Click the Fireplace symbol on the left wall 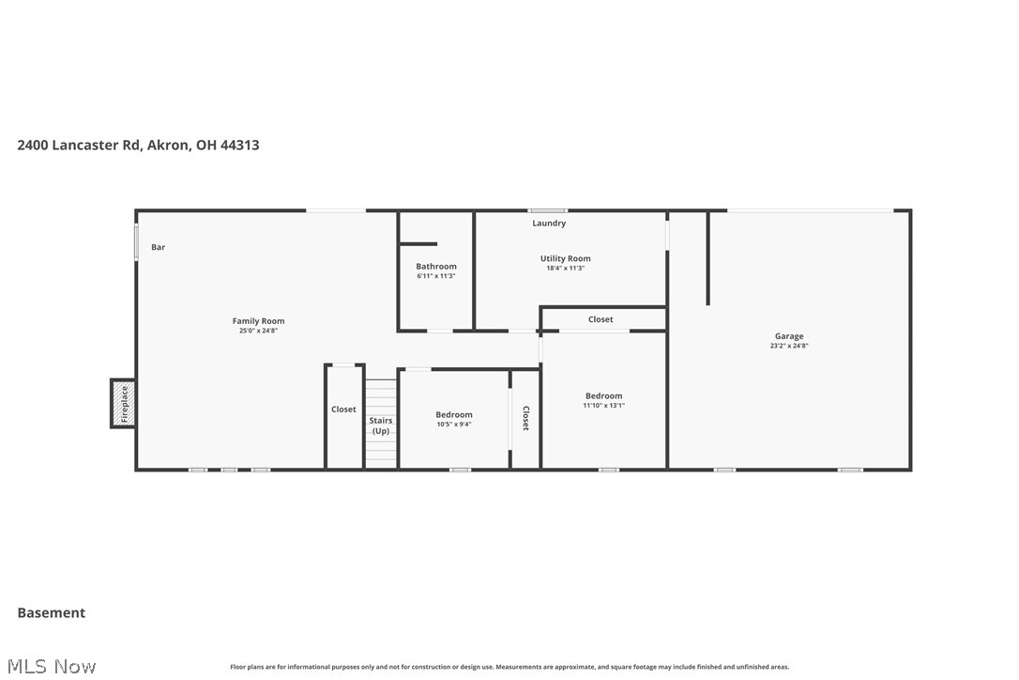pyautogui.click(x=123, y=404)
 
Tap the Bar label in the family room pyautogui.click(x=159, y=247)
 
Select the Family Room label pyautogui.click(x=258, y=321)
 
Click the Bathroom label pyautogui.click(x=436, y=267)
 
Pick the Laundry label pyautogui.click(x=549, y=224)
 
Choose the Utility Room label pyautogui.click(x=565, y=258)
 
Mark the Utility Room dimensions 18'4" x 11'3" pyautogui.click(x=565, y=269)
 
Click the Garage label pyautogui.click(x=789, y=336)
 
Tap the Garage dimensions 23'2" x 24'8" pyautogui.click(x=789, y=346)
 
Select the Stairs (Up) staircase pyautogui.click(x=381, y=425)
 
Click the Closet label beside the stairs pyautogui.click(x=343, y=410)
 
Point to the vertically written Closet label pyautogui.click(x=525, y=418)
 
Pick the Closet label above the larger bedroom pyautogui.click(x=601, y=319)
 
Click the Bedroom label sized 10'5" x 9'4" pyautogui.click(x=454, y=414)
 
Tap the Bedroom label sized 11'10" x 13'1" pyautogui.click(x=603, y=395)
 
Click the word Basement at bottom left pyautogui.click(x=52, y=612)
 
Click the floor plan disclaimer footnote pyautogui.click(x=509, y=667)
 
